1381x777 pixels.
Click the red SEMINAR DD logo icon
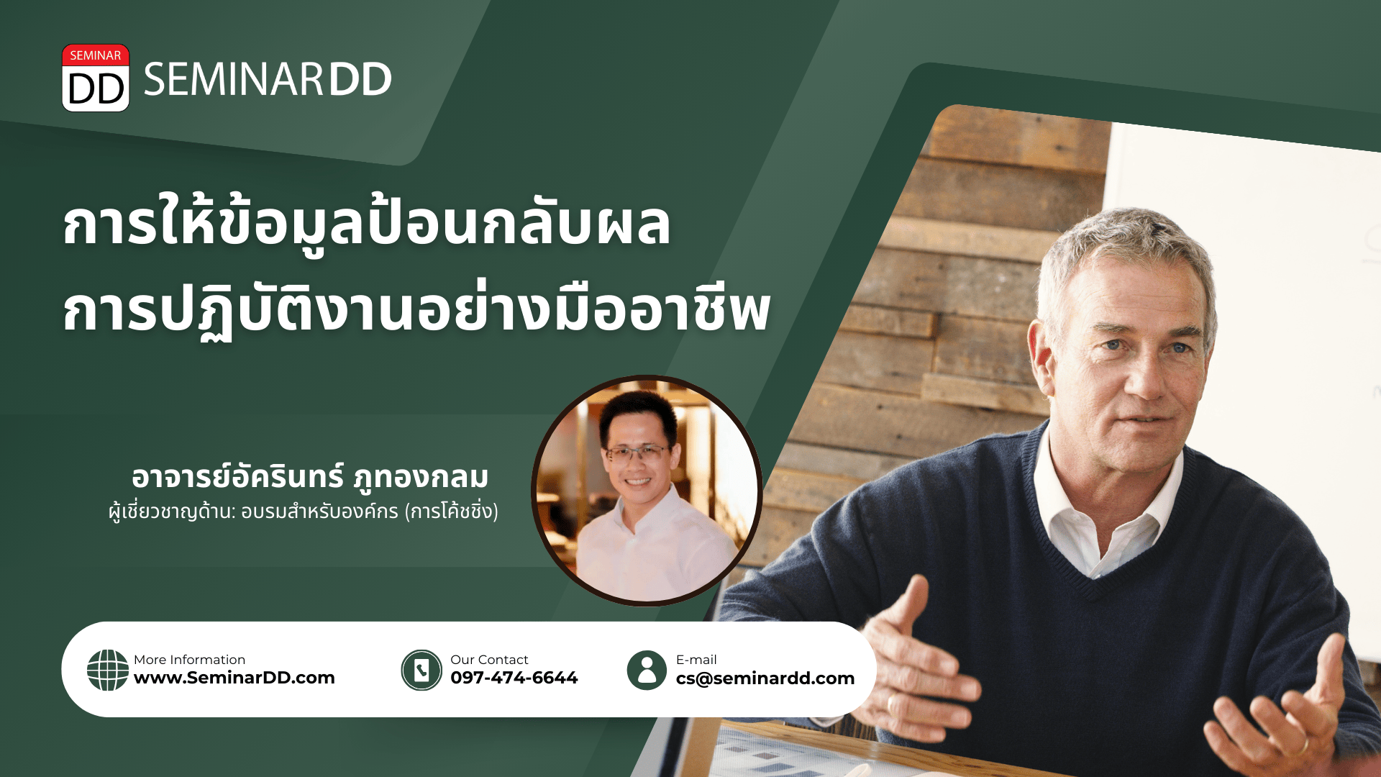coord(96,78)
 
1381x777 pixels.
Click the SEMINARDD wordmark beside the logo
coord(268,79)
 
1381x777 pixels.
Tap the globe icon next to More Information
coord(108,670)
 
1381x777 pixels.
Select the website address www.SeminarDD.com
coord(234,678)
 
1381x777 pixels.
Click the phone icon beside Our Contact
coord(421,670)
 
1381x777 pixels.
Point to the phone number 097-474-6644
coord(514,678)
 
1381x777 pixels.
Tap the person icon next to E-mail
coord(647,670)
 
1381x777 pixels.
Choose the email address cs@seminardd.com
coord(765,678)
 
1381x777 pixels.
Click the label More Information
coord(189,660)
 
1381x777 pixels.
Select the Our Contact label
coord(489,660)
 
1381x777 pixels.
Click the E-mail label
coord(696,660)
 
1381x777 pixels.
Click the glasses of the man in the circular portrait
coord(637,453)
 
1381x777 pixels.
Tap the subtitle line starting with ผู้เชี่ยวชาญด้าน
coord(304,512)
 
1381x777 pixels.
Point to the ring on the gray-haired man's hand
coord(1303,745)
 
